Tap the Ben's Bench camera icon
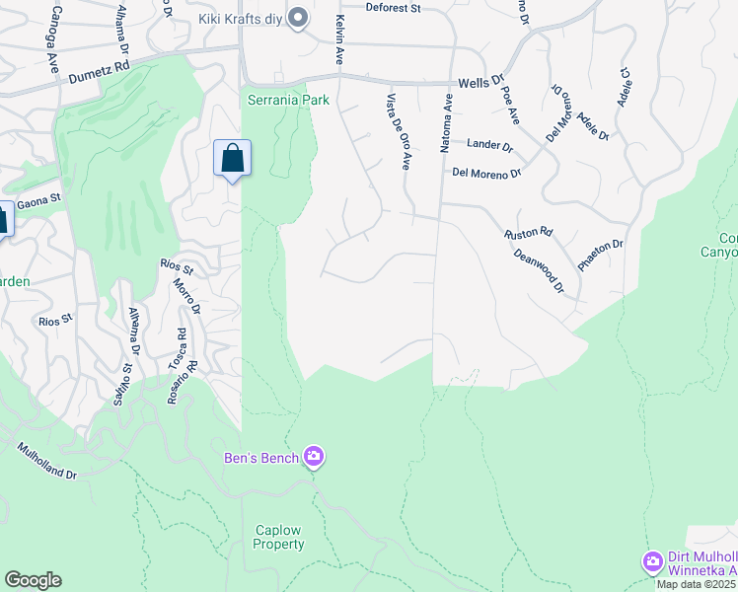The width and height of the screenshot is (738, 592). pyautogui.click(x=314, y=456)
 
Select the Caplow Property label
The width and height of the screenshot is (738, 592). pyautogui.click(x=277, y=536)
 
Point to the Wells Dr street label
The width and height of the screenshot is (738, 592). pyautogui.click(x=481, y=84)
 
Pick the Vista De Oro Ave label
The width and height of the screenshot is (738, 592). pyautogui.click(x=399, y=132)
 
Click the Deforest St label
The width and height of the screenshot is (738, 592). pyautogui.click(x=393, y=8)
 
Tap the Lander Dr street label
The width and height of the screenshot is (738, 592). pyautogui.click(x=490, y=146)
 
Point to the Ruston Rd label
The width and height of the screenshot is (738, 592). pyautogui.click(x=528, y=234)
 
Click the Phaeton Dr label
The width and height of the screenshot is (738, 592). pyautogui.click(x=601, y=257)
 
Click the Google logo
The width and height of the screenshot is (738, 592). pyautogui.click(x=33, y=580)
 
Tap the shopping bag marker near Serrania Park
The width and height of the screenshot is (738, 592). pyautogui.click(x=232, y=158)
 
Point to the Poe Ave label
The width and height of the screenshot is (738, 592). pyautogui.click(x=510, y=104)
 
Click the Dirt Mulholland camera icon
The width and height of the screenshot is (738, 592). pyautogui.click(x=651, y=561)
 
